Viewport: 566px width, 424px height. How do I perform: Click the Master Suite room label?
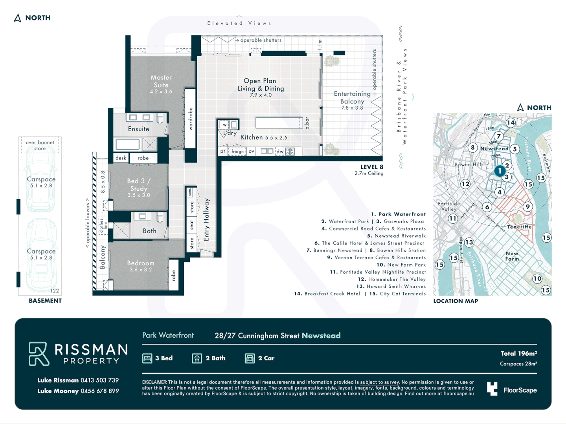(161, 81)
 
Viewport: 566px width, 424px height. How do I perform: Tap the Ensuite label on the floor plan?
(138, 129)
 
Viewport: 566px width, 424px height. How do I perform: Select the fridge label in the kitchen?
(237, 152)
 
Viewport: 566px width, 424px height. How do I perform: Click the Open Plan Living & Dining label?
(260, 85)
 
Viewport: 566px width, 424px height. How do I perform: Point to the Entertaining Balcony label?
(352, 97)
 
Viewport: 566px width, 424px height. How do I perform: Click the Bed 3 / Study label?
(139, 185)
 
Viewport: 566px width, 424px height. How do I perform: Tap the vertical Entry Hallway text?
(207, 219)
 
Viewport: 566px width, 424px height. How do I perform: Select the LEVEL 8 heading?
(371, 167)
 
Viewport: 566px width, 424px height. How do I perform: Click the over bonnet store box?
(40, 145)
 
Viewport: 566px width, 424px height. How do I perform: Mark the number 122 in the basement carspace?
(55, 291)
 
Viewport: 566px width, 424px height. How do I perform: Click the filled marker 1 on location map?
(500, 171)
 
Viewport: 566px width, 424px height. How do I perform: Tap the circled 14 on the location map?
(511, 122)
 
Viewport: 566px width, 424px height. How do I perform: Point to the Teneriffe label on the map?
(519, 227)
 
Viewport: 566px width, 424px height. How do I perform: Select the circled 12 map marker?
(465, 184)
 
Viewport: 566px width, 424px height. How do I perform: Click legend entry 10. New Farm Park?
(401, 265)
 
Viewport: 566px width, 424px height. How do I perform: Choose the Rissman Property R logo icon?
(39, 354)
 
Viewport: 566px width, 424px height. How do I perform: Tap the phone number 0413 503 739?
(99, 380)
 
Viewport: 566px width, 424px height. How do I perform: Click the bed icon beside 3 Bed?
(147, 358)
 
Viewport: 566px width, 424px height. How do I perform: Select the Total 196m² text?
(518, 353)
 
